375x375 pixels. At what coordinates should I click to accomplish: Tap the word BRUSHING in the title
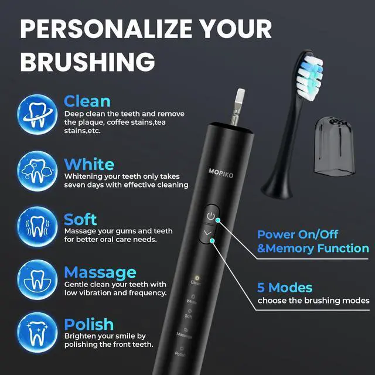click(x=87, y=60)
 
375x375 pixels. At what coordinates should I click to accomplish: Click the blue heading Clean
click(x=87, y=101)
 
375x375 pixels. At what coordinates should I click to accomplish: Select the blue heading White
click(x=88, y=163)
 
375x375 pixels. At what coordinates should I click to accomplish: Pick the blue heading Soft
click(x=80, y=219)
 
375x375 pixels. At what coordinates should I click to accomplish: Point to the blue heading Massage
click(x=100, y=272)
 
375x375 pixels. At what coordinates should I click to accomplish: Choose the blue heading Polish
click(x=88, y=324)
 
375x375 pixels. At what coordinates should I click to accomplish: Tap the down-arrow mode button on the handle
click(x=210, y=234)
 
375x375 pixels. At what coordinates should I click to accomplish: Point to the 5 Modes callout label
click(x=285, y=288)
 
